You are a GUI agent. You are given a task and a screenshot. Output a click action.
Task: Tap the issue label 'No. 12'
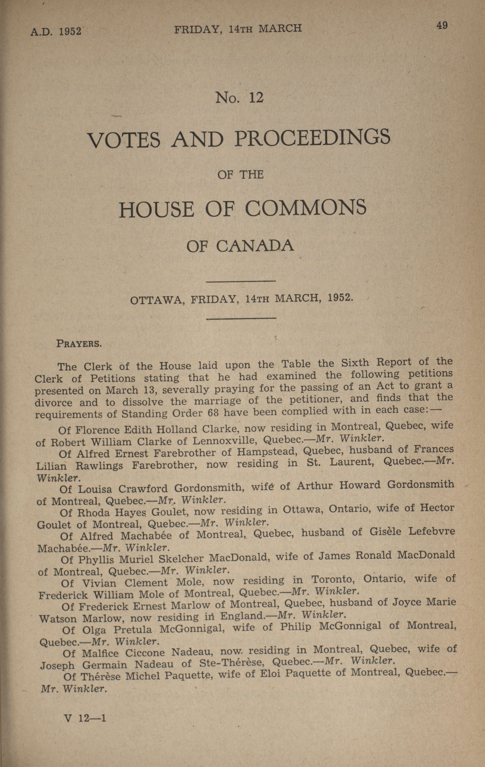[240, 97]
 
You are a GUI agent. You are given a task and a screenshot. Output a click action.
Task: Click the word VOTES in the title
[124, 140]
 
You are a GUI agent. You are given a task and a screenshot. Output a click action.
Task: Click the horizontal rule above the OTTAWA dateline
[241, 281]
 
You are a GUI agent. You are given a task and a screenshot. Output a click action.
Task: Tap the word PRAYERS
[79, 344]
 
